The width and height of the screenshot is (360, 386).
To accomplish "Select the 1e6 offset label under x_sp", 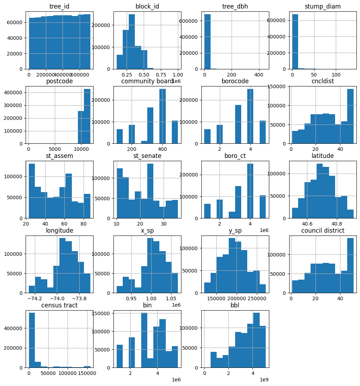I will click(x=176, y=305).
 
